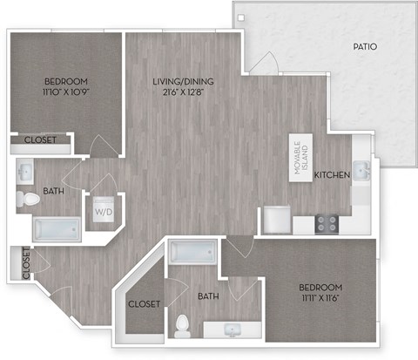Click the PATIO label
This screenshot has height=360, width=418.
[365, 46]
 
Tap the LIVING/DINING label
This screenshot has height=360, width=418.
[183, 82]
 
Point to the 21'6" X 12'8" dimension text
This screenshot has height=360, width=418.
[183, 94]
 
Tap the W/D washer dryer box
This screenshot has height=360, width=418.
[103, 211]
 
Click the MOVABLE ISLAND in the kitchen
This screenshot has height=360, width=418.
[300, 160]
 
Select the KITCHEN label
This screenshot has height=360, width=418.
[332, 175]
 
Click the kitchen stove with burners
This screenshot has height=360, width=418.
[327, 224]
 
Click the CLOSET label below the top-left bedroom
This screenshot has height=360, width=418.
[40, 139]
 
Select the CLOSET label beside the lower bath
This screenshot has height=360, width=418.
[143, 304]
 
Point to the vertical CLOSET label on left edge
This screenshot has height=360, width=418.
[26, 264]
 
